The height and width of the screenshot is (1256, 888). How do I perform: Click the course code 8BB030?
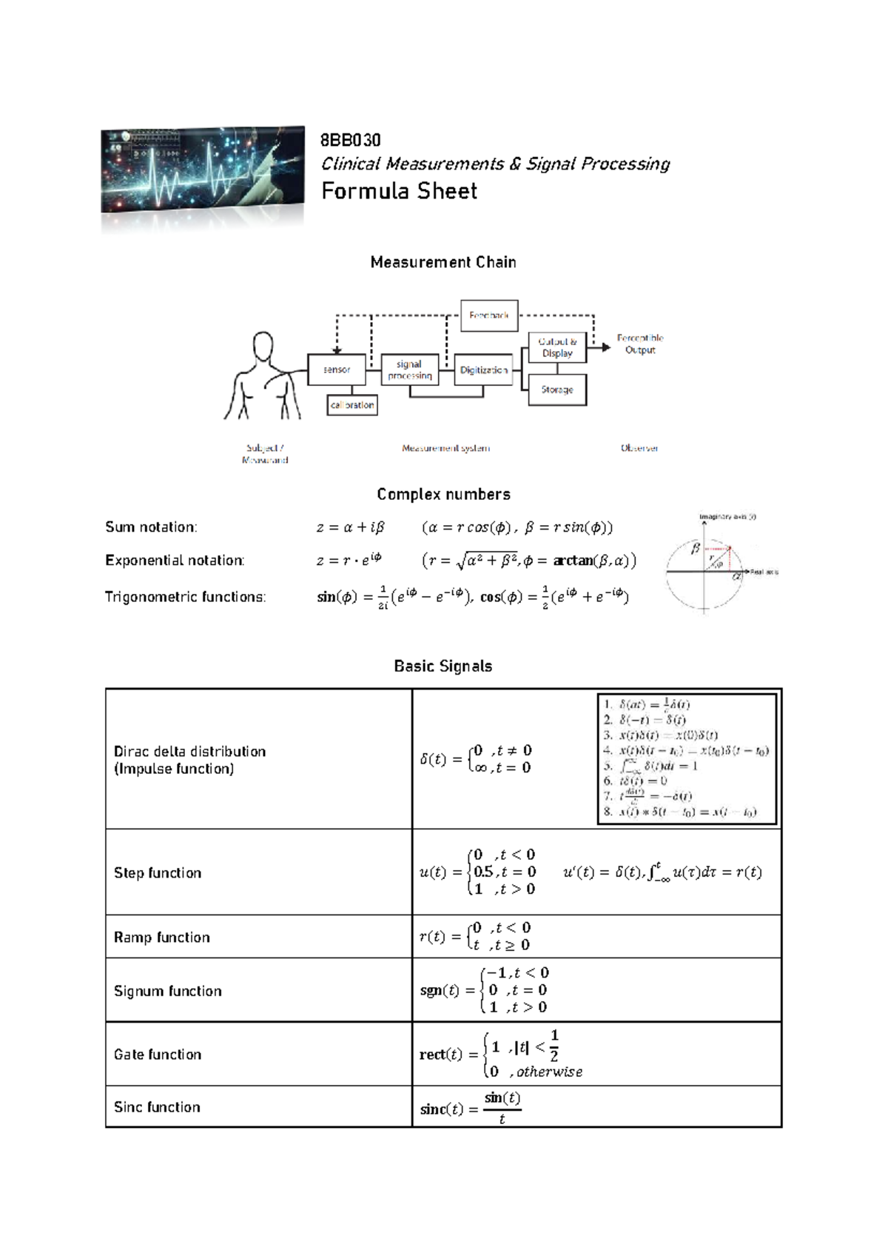350,140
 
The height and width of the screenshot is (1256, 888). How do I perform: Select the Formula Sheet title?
399,191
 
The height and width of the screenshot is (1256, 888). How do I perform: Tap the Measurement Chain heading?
443,262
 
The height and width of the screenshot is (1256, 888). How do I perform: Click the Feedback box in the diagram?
489,315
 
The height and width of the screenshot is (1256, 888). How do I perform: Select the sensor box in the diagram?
337,370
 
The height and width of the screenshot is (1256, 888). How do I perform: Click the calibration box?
352,405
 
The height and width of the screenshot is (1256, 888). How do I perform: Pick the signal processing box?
409,370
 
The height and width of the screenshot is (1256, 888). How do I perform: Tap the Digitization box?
483,370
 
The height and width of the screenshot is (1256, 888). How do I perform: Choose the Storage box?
557,390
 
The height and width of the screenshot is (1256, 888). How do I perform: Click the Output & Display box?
557,347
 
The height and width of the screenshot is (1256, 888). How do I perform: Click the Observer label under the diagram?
639,448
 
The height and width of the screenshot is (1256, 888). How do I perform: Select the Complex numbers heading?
443,494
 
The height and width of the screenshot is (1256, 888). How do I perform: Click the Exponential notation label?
175,561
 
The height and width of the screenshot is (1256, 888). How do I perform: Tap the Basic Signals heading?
443,666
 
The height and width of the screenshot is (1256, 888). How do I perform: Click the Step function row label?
158,873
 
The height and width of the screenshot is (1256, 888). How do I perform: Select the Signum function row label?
168,991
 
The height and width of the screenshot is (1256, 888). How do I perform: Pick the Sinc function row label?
157,1107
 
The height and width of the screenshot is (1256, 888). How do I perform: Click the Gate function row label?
158,1055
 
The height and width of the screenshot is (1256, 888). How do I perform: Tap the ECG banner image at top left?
202,170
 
